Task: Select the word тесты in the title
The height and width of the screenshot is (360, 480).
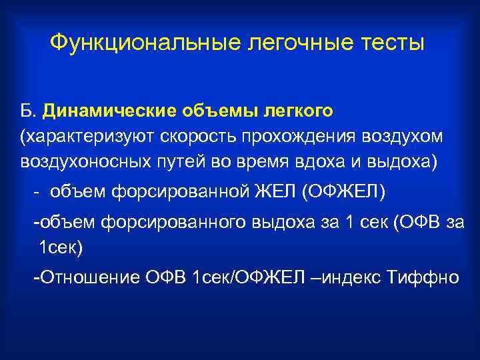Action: (389, 43)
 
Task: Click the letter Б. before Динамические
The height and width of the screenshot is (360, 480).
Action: (28, 109)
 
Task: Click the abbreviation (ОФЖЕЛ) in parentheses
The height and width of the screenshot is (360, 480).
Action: (344, 193)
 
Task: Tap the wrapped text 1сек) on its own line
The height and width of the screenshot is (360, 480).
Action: (60, 248)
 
